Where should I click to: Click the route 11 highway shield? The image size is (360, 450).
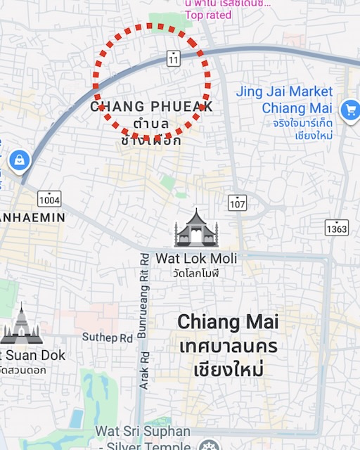(174, 59)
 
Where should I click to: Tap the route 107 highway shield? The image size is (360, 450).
(238, 202)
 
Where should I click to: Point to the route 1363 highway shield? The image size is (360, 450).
(337, 227)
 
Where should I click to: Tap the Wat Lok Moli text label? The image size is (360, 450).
(196, 259)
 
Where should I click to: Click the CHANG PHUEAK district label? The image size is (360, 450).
(151, 107)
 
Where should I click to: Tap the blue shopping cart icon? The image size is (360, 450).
(349, 110)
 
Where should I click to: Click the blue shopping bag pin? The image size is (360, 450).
(18, 160)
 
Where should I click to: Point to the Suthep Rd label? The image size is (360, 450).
(107, 337)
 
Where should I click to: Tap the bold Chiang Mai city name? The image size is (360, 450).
(228, 322)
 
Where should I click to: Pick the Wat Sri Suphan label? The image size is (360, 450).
(133, 431)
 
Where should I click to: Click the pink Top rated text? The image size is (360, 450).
(208, 15)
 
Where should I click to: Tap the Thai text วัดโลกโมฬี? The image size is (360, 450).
(196, 273)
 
